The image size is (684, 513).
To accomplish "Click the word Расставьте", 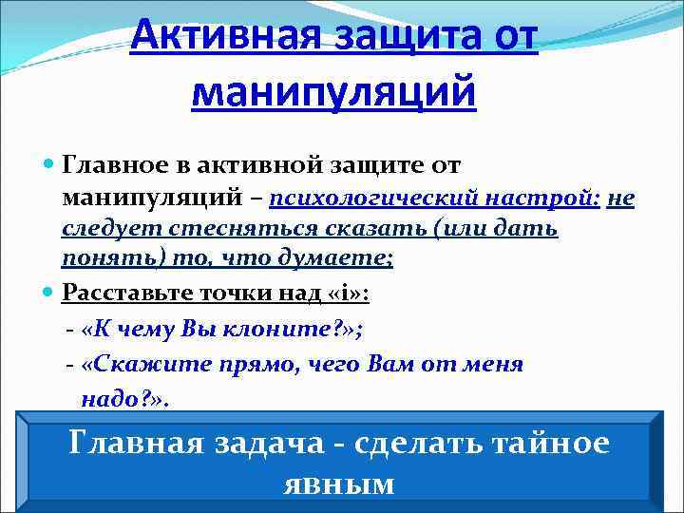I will coord(131,293).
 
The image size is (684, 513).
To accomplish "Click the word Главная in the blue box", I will coord(140,443).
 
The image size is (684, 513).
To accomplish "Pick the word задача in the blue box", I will coord(283,443).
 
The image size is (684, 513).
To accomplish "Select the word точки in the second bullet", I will coord(238,293).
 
